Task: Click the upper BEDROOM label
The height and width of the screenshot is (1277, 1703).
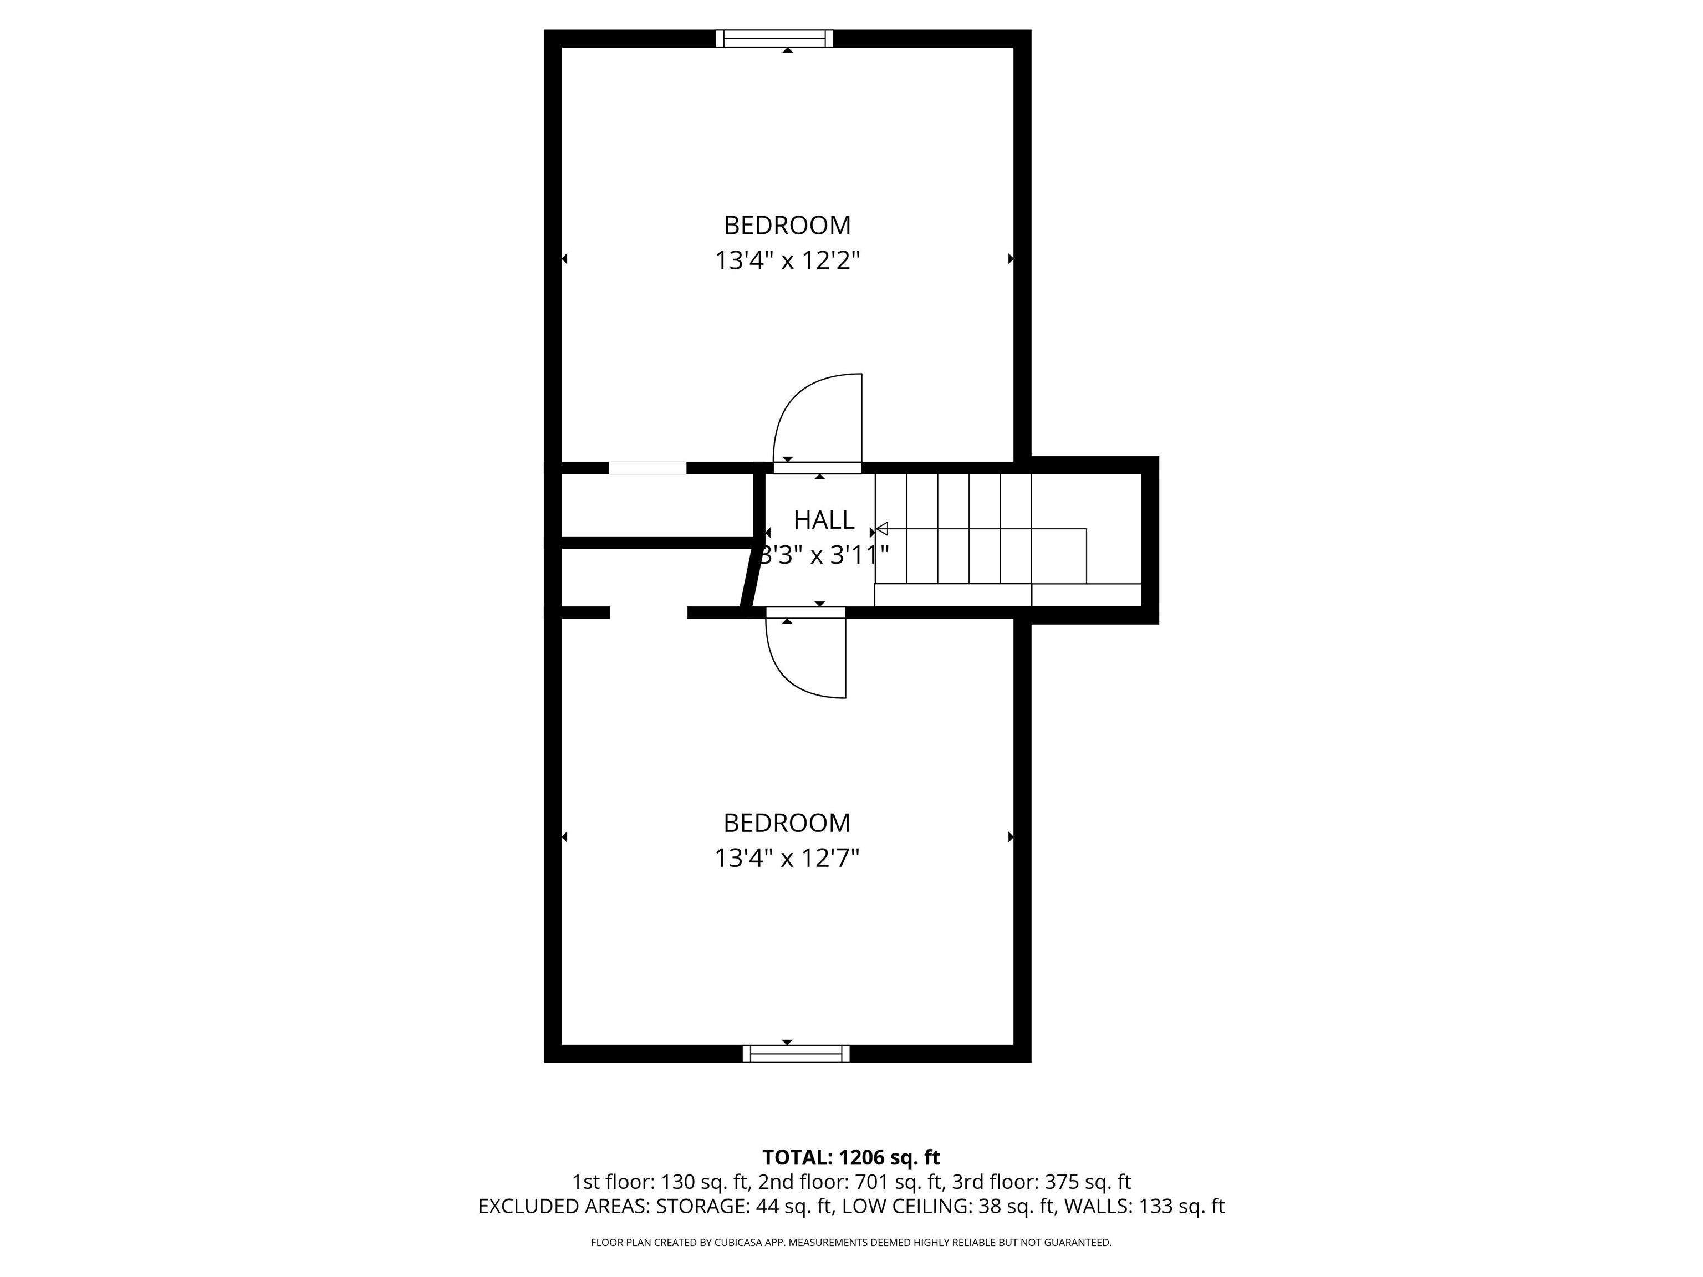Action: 787,226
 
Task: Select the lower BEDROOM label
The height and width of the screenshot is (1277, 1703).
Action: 787,823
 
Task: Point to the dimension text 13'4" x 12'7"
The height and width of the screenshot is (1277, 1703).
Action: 787,857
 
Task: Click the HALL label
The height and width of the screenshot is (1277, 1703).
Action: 824,520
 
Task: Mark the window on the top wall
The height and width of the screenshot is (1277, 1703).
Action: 774,38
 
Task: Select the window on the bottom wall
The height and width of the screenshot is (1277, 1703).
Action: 796,1054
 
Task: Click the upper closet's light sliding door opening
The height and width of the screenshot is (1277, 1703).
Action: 647,468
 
